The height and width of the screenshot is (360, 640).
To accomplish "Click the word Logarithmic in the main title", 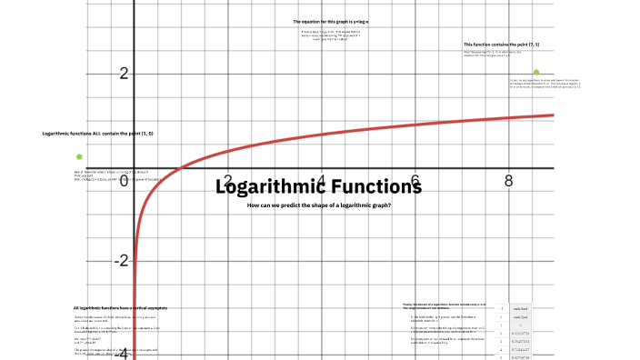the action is tap(270, 188).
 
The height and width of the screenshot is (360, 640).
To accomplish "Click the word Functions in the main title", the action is tap(375, 188).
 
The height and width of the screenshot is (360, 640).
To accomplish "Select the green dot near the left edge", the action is tap(79, 156).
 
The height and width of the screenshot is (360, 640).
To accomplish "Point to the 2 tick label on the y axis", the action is tap(124, 74).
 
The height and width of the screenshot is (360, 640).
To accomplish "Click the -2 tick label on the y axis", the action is tap(120, 261).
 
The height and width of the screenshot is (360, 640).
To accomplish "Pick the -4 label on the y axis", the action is tap(120, 353).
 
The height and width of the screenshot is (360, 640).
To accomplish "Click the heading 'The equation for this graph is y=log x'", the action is tap(337, 21).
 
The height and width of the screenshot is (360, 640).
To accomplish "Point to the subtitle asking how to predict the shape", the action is tap(319, 205).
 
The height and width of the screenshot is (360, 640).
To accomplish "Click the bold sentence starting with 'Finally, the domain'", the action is tap(445, 304).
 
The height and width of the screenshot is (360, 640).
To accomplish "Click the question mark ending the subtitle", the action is tap(390, 205).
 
